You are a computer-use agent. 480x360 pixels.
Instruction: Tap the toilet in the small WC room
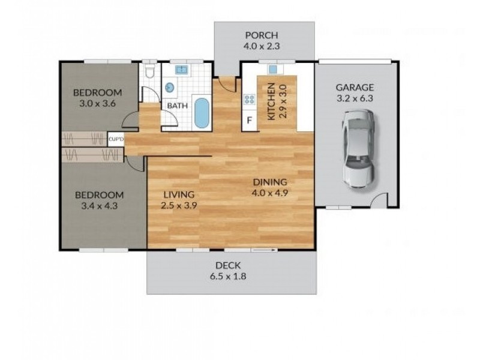151,73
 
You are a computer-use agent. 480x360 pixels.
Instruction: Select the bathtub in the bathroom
202,113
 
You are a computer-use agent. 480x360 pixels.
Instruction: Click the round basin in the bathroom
170,88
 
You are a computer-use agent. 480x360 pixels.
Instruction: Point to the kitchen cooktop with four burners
248,100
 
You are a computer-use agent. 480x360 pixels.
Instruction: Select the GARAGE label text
355,87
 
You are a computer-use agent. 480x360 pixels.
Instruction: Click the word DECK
228,266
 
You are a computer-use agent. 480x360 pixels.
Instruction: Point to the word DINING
270,182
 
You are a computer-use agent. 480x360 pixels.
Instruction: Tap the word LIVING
179,194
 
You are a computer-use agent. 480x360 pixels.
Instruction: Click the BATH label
177,106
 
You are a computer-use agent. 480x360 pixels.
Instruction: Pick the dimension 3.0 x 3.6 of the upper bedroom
97,103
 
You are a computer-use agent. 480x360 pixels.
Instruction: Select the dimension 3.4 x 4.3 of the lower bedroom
98,206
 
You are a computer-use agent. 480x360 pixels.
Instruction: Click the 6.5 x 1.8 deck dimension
229,277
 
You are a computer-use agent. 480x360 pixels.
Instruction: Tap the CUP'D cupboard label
116,140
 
